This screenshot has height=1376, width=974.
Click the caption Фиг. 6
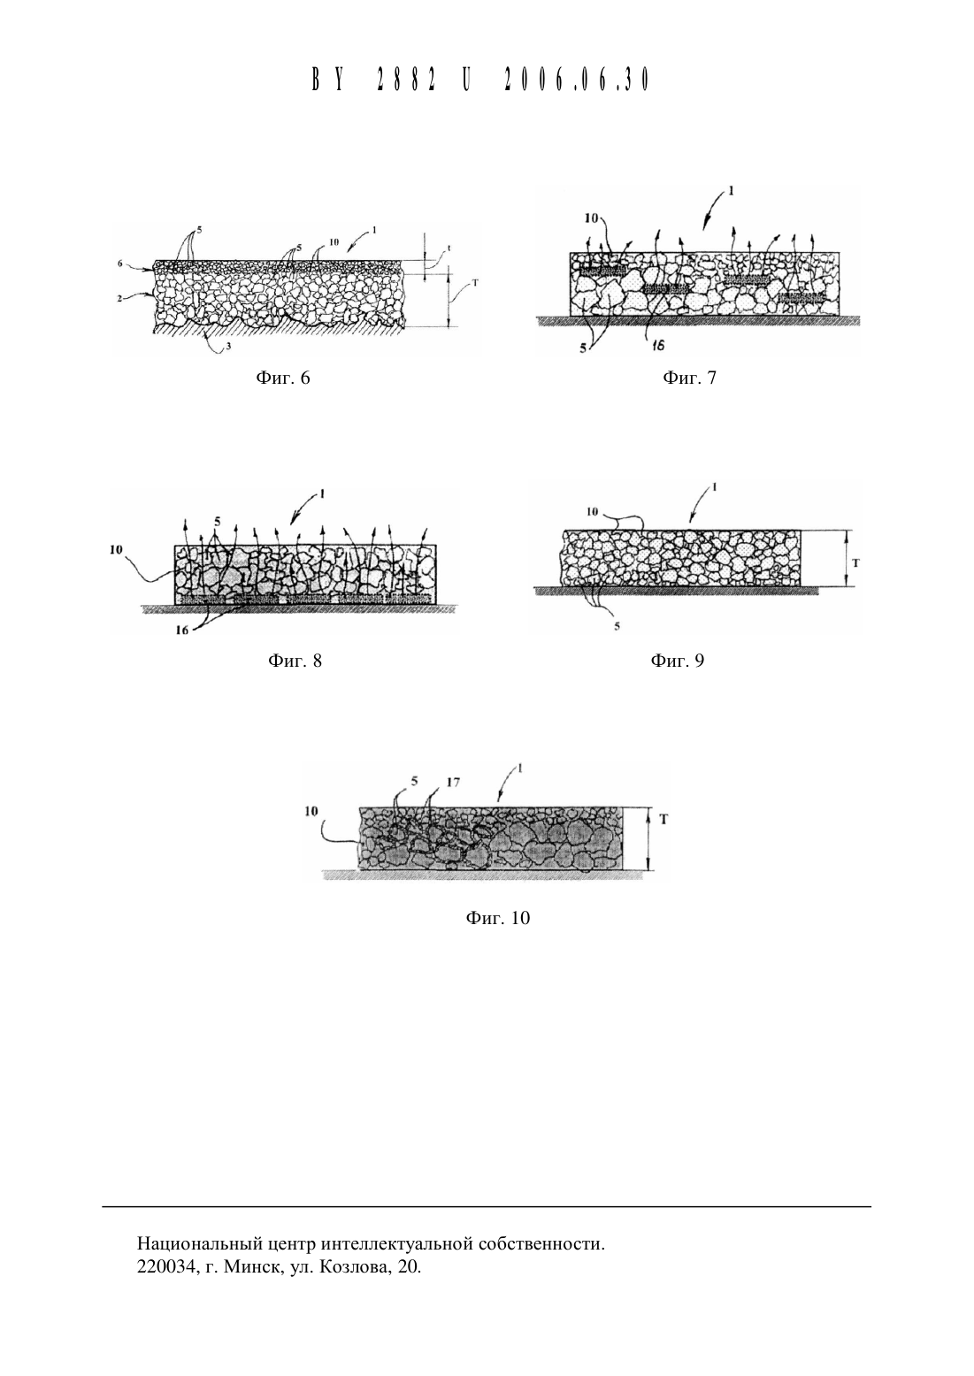point(283,378)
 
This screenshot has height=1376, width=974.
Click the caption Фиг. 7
point(689,378)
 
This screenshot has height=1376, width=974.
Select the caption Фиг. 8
point(295,661)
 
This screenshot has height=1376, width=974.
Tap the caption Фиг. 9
point(677,661)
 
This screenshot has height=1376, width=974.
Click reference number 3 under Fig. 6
point(228,347)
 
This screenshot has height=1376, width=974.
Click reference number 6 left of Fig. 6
point(120,263)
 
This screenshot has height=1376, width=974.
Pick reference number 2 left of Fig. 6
point(120,299)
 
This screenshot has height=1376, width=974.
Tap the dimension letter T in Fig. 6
point(475,284)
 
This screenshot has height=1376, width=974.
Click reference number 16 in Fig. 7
point(658,346)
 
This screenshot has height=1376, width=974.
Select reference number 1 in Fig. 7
point(731,191)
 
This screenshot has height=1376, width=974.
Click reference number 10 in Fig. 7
point(591,218)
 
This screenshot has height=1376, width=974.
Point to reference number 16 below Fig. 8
point(182,630)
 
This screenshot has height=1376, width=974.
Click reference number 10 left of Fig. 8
point(116,550)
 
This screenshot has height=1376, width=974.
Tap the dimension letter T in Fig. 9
point(856,562)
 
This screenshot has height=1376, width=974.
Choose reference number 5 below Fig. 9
point(617,627)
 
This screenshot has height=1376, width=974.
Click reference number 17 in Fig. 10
point(453,782)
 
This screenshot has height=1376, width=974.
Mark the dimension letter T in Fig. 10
point(663,819)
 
